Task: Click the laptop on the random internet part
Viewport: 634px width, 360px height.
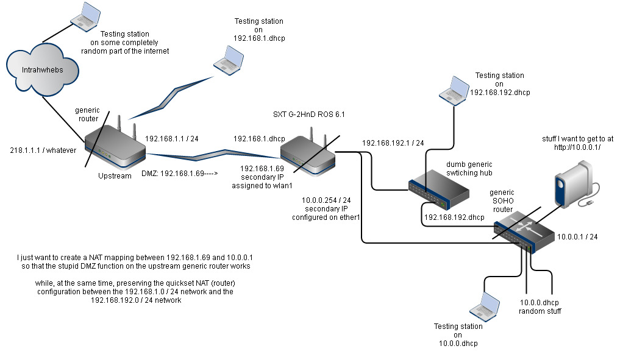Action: click(85, 16)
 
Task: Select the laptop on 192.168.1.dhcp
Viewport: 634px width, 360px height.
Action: click(229, 60)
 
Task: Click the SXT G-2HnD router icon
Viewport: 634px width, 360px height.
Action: click(308, 152)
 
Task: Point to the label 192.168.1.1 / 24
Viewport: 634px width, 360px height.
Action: click(173, 139)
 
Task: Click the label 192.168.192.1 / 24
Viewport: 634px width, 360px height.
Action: click(393, 143)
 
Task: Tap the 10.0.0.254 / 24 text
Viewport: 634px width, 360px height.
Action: click(326, 200)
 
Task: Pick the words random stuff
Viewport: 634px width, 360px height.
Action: click(540, 311)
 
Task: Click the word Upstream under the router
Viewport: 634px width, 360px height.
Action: click(115, 176)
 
